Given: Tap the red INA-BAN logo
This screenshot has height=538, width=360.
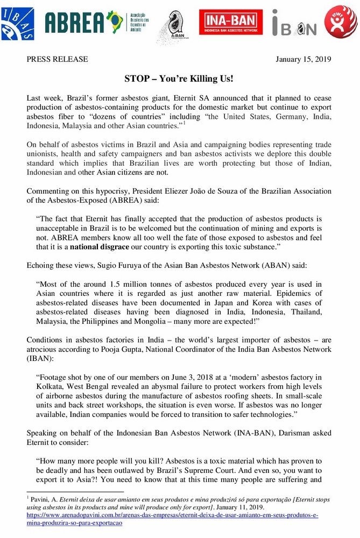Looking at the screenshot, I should (x=231, y=22).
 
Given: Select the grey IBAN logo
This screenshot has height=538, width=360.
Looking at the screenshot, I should (x=294, y=23).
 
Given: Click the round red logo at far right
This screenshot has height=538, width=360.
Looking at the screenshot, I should (x=340, y=22).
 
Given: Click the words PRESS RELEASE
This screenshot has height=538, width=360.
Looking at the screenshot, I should (x=57, y=59).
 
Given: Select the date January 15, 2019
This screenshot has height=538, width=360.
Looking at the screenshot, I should (x=303, y=59).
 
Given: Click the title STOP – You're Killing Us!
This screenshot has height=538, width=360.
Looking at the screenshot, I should (x=179, y=79).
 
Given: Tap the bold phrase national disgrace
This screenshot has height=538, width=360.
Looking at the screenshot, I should (x=100, y=247).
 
